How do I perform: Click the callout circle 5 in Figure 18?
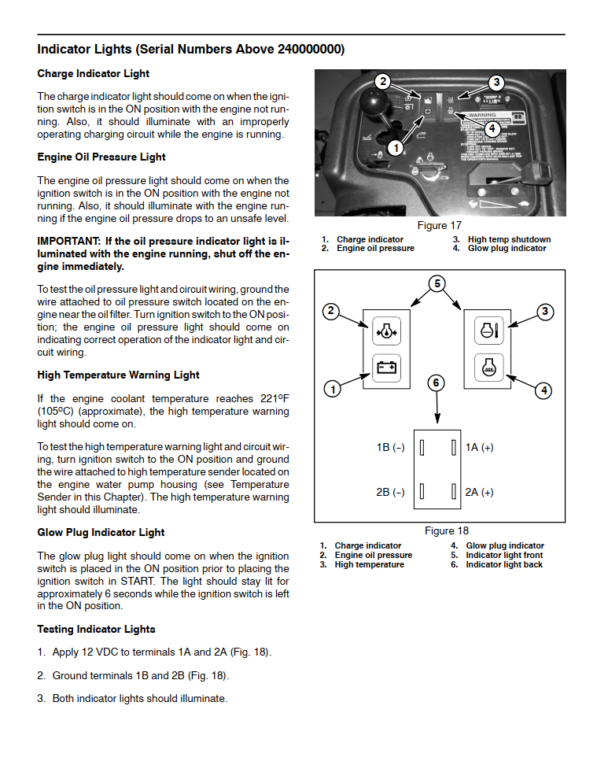coord(439,283)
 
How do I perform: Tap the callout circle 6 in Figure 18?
coord(437,383)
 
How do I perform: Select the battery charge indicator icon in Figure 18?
coord(385,368)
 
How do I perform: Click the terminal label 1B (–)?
coord(390,448)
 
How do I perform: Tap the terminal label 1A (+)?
coord(479,448)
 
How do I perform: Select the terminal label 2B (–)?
coord(390,493)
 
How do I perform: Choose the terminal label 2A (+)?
coord(479,493)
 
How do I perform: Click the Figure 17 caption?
coord(439,226)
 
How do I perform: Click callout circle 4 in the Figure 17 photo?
coord(491,128)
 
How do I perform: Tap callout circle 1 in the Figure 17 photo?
coord(396,146)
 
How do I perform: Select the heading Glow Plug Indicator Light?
coord(101,533)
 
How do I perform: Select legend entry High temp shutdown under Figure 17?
coord(509,240)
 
